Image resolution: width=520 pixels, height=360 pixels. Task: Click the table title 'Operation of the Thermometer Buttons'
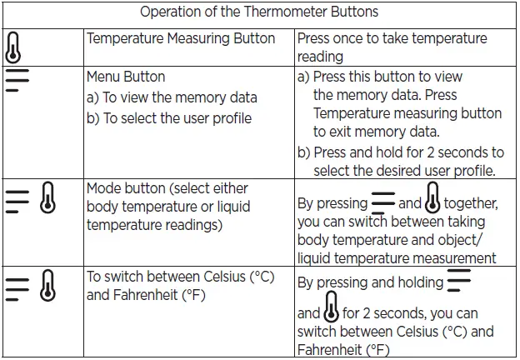point(259,12)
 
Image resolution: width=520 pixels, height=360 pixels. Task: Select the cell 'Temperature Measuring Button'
point(181,38)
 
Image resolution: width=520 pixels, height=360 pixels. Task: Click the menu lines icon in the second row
point(17,79)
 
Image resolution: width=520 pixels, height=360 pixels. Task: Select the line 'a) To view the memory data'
point(172,97)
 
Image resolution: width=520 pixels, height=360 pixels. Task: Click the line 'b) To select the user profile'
point(169,117)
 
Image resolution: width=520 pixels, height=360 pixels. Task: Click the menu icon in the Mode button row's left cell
point(16,201)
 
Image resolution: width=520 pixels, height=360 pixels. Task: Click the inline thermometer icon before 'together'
point(432,201)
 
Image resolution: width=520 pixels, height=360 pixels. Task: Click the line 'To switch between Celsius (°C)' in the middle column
point(181,277)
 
